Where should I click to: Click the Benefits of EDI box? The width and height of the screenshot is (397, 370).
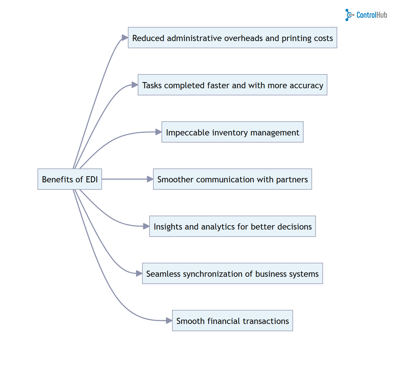pyautogui.click(x=70, y=179)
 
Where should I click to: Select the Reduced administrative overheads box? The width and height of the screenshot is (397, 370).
pyautogui.click(x=232, y=38)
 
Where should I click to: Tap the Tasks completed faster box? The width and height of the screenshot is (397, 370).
pyautogui.click(x=232, y=85)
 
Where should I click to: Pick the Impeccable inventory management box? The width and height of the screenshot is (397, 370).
pyautogui.click(x=232, y=132)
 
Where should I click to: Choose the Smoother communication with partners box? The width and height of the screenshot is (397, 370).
pyautogui.click(x=232, y=179)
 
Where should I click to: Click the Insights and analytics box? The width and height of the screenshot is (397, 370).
pyautogui.click(x=232, y=226)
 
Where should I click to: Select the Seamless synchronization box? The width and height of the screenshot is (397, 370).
pyautogui.click(x=232, y=274)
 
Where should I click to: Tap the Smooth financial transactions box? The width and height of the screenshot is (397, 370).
pyautogui.click(x=232, y=321)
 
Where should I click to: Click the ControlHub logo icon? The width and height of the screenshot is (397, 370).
pyautogui.click(x=349, y=15)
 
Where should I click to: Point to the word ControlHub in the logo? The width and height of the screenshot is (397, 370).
pyautogui.click(x=372, y=15)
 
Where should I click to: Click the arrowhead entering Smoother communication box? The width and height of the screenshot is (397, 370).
pyautogui.click(x=150, y=179)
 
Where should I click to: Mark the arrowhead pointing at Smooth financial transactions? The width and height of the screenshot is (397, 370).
pyautogui.click(x=169, y=321)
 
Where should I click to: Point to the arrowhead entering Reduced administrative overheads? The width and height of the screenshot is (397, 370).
pyautogui.click(x=125, y=38)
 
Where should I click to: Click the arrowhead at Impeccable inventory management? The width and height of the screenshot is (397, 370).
pyautogui.click(x=158, y=132)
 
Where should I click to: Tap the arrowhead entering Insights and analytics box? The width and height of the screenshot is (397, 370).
pyautogui.click(x=146, y=226)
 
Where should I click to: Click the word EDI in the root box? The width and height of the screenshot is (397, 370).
pyautogui.click(x=92, y=179)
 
